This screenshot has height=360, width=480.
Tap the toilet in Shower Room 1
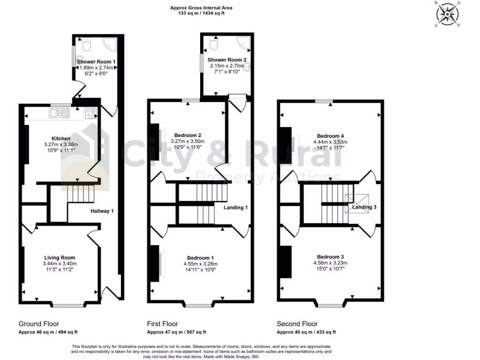86,46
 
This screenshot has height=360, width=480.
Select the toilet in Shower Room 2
214,44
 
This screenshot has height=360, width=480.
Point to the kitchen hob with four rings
90,112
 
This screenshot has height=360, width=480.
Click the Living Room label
60,257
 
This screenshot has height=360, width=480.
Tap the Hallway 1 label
102,211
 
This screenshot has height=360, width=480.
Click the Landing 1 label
235,207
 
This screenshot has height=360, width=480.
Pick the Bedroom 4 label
330,135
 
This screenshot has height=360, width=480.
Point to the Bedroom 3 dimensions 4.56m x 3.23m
330,263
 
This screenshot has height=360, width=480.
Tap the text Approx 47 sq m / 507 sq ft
176,332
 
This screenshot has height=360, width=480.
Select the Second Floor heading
297,324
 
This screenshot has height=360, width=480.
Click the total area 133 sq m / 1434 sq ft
202,14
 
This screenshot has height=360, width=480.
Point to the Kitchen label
61,138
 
